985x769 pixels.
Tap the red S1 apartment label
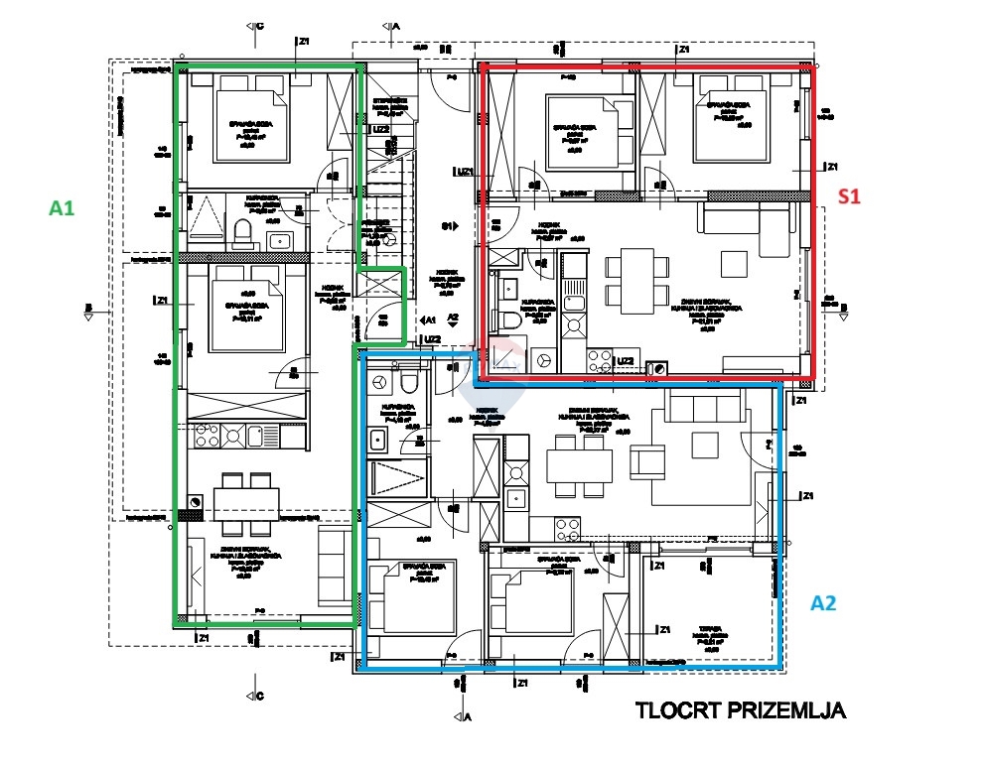pos(848,196)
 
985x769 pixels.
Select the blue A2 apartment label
pos(826,602)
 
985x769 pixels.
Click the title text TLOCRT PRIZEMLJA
pos(740,710)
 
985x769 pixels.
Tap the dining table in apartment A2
pos(579,466)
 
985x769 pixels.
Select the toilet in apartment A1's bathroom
pos(241,234)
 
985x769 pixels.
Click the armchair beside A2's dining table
pos(648,461)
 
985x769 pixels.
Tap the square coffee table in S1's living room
pos(735,263)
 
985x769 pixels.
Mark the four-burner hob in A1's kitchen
pos(208,435)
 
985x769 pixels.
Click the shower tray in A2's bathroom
pos(397,477)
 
